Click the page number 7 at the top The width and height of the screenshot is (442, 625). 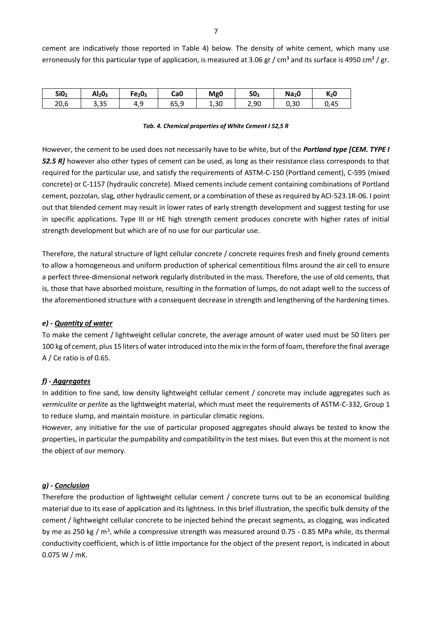pos(216,32)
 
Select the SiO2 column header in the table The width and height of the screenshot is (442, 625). pos(62,94)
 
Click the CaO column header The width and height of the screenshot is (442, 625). pos(177,94)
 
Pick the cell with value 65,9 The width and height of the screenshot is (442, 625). pos(177,104)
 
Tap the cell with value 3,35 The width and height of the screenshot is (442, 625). pos(100,104)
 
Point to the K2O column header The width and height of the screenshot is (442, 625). pos(331,94)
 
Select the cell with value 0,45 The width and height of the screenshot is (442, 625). pos(331,104)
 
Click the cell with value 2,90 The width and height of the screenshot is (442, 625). pos(254,104)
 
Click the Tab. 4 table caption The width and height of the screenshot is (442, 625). pos(216,126)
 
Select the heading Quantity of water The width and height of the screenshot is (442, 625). pos(83,323)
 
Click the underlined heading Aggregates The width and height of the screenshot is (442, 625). pos(72,381)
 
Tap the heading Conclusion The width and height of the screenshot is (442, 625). pos(72,486)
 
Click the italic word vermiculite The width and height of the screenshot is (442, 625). pos(60,404)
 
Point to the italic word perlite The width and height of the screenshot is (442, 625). pos(98,404)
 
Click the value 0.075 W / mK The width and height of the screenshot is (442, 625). pos(65,555)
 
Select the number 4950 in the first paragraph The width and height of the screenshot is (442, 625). pos(352,60)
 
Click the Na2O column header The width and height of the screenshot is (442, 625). pos(293,94)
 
